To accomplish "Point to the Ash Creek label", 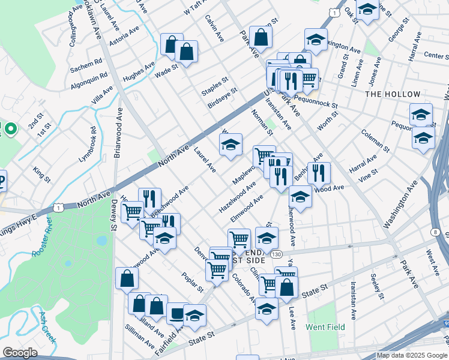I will pyautogui.click(x=47, y=326).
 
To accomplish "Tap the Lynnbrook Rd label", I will pyautogui.click(x=87, y=145).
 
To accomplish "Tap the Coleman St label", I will pyautogui.click(x=376, y=140).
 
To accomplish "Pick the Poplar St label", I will pyautogui.click(x=193, y=282).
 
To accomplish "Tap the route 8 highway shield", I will pyautogui.click(x=434, y=232).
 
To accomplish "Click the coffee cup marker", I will pyautogui.click(x=176, y=313).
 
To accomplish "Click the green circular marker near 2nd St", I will pyautogui.click(x=10, y=128).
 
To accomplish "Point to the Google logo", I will pyautogui.click(x=20, y=353).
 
